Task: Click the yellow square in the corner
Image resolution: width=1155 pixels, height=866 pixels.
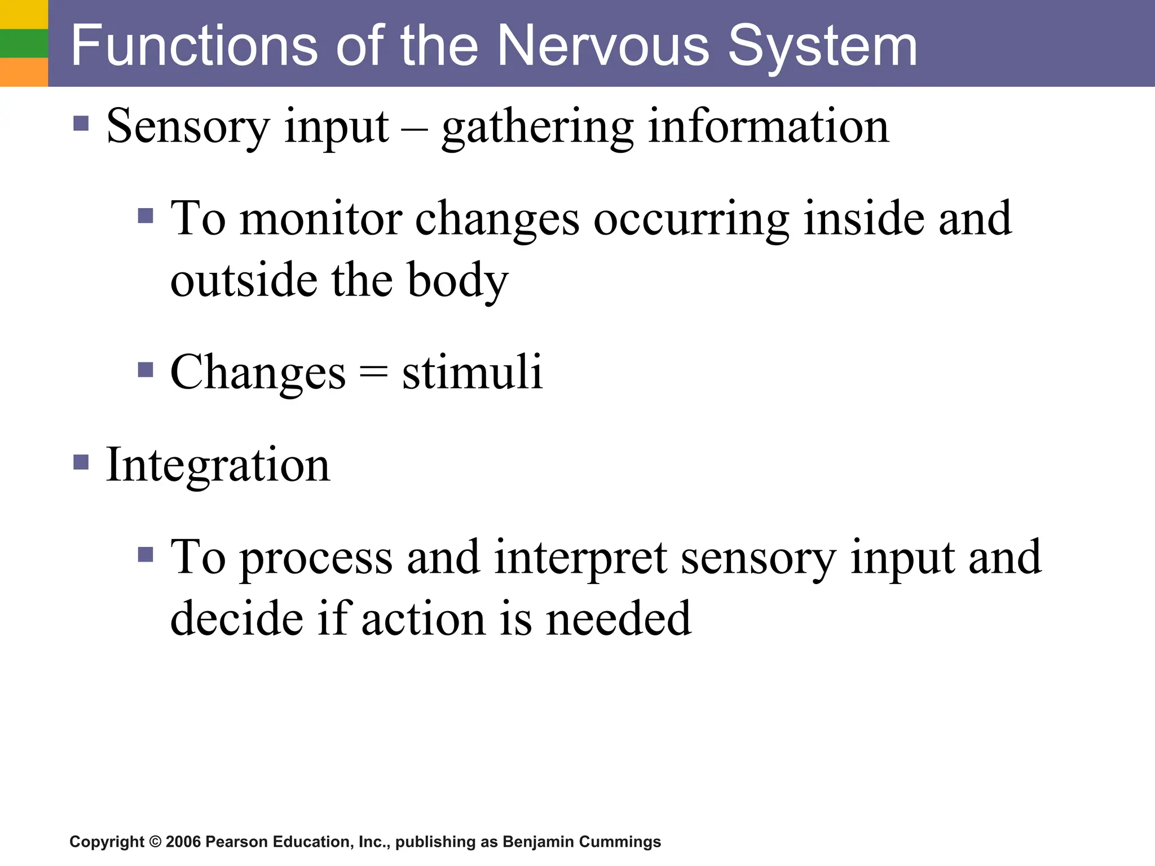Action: coord(24,14)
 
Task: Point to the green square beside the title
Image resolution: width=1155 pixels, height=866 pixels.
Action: coord(24,43)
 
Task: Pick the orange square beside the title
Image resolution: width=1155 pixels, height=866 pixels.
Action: coord(24,72)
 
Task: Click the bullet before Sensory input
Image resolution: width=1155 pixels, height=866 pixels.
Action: coord(81,123)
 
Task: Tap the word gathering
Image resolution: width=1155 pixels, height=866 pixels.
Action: coord(537,127)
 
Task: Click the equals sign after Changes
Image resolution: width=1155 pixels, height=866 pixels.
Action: coord(373,372)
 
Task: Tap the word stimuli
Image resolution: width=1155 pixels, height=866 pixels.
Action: coord(472,372)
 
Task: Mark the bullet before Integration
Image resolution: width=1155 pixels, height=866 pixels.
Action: coord(81,463)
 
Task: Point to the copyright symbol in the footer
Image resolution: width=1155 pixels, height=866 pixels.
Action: coord(155,842)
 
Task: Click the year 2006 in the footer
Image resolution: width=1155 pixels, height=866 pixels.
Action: coord(183,842)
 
